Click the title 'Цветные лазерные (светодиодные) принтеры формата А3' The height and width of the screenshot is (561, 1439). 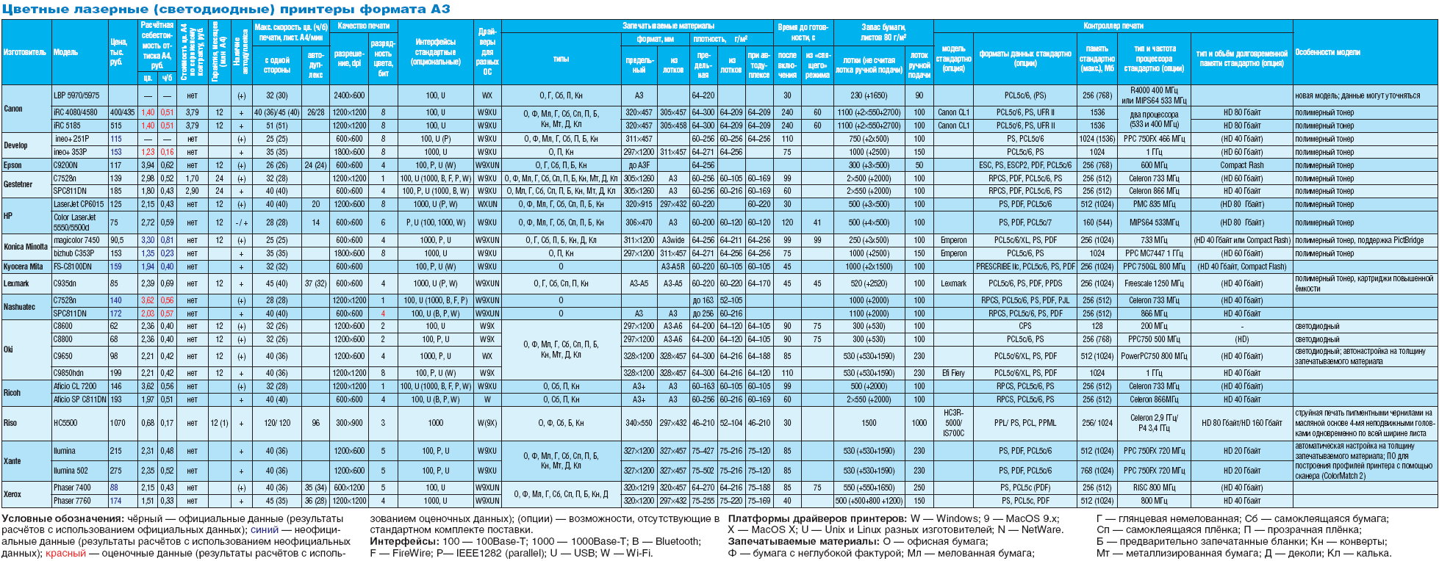click(x=226, y=9)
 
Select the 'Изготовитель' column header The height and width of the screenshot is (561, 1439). click(x=25, y=52)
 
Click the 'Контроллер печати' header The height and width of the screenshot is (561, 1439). click(x=1113, y=26)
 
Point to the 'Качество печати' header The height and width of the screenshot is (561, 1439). click(x=363, y=26)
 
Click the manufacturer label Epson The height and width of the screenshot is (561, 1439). click(x=13, y=165)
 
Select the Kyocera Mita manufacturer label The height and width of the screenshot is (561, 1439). click(x=24, y=267)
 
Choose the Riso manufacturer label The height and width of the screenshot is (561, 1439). click(x=10, y=423)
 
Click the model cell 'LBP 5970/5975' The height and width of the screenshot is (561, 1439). click(x=76, y=95)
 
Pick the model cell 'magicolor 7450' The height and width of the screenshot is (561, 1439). click(x=76, y=240)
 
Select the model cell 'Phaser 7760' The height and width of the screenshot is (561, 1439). click(x=72, y=501)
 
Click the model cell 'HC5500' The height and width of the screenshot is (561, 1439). click(x=65, y=423)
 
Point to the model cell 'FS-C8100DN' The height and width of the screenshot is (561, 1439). click(x=73, y=267)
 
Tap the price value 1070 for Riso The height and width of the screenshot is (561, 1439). click(x=118, y=423)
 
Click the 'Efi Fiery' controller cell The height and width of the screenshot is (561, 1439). click(x=953, y=373)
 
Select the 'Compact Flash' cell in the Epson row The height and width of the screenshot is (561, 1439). click(x=1242, y=165)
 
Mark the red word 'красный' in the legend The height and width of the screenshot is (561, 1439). click(x=65, y=553)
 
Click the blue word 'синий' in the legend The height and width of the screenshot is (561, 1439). click(x=265, y=529)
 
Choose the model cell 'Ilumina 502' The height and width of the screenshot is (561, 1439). click(x=71, y=471)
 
